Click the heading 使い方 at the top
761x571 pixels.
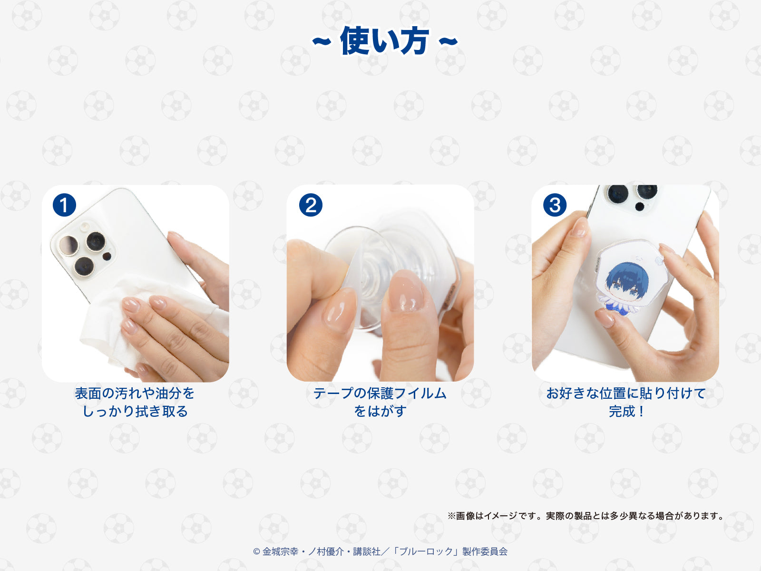click(384, 41)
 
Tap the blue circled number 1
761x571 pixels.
click(65, 205)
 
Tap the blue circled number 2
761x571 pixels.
click(311, 205)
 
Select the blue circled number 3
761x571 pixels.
click(555, 205)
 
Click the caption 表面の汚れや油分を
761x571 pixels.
click(135, 393)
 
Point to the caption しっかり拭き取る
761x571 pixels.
click(135, 411)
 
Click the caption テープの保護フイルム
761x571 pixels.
click(380, 393)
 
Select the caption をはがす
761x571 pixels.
click(380, 411)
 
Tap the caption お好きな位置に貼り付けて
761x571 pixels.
click(626, 393)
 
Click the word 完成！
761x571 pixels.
click(626, 411)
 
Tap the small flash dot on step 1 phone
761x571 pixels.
click(107, 256)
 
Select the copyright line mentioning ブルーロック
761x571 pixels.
click(380, 551)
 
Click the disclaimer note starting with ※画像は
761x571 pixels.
click(586, 516)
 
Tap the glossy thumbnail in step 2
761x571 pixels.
click(406, 291)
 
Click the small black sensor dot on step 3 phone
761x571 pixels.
click(640, 207)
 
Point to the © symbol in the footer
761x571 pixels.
click(256, 551)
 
